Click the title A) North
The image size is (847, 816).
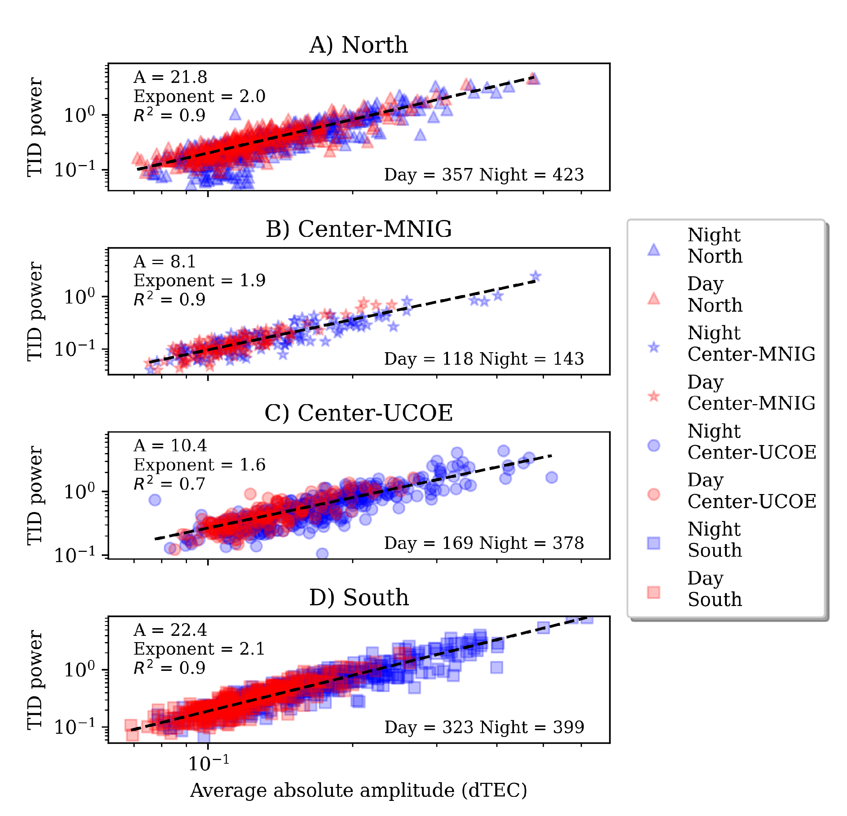(x=358, y=45)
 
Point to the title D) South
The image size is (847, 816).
(x=358, y=597)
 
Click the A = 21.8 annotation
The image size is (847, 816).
(x=170, y=77)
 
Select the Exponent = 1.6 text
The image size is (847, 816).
(x=199, y=465)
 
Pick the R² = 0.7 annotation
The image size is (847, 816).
(x=169, y=484)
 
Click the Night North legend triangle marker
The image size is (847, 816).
(x=653, y=250)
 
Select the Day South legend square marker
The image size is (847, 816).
(x=653, y=592)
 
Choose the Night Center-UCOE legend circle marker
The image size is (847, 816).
(x=653, y=445)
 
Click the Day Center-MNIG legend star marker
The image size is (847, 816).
(x=653, y=396)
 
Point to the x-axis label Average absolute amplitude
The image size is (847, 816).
(x=358, y=790)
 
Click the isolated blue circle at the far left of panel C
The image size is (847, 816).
(x=155, y=500)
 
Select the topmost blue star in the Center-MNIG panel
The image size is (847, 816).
(x=535, y=276)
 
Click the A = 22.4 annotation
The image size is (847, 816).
(x=170, y=630)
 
